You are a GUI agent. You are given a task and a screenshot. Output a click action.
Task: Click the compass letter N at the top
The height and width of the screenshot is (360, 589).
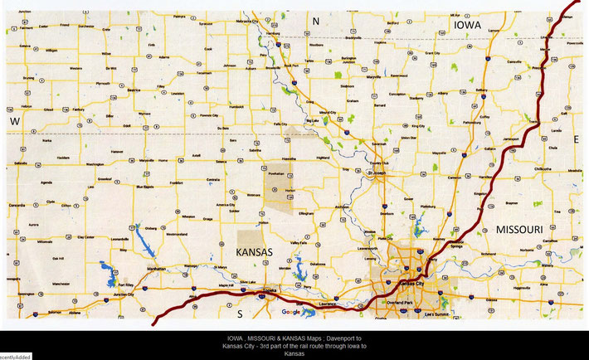314,19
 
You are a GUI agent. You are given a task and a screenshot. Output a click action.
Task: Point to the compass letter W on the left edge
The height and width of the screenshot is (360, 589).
14,121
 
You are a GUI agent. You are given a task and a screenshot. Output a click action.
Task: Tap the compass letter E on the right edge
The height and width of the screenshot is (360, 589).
576,139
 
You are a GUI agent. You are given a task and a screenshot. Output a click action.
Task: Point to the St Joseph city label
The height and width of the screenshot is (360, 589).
376,173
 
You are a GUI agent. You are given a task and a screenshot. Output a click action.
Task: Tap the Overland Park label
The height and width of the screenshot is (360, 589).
404,303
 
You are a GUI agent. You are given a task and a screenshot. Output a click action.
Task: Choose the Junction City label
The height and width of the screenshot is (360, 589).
126,294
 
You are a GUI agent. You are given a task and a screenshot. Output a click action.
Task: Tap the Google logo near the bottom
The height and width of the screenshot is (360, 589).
291,312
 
